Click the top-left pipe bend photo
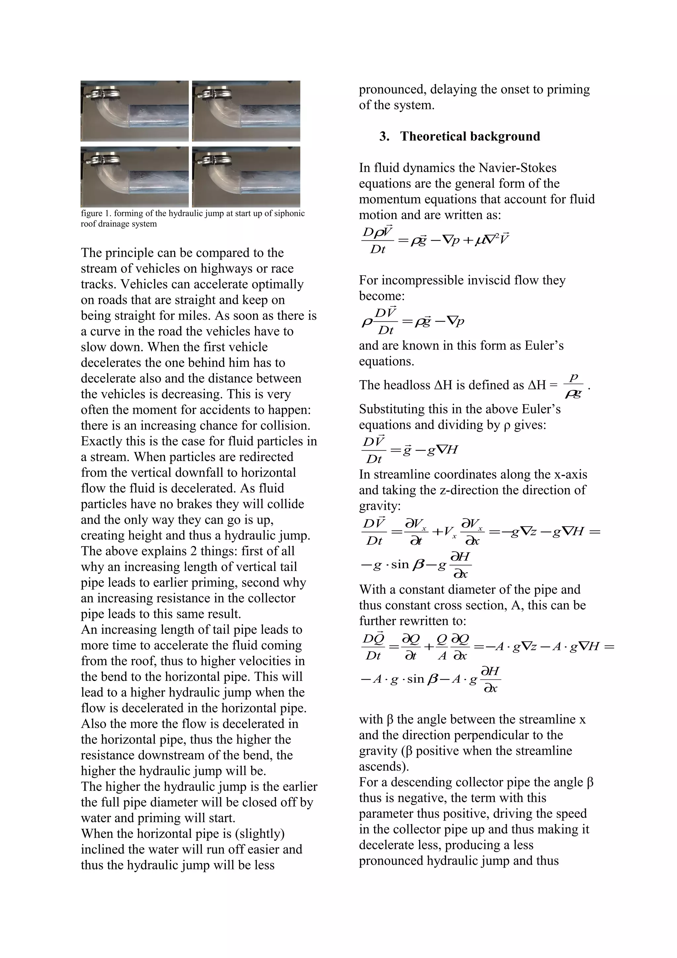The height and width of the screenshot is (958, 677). (x=134, y=111)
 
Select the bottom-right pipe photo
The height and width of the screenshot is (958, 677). (x=246, y=177)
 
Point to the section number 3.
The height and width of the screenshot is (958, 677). (x=384, y=137)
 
